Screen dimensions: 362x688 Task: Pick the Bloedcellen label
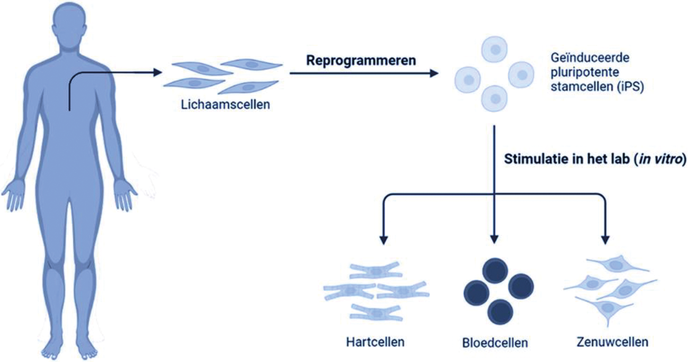pyautogui.click(x=494, y=342)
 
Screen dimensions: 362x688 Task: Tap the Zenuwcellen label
pyautogui.click(x=612, y=342)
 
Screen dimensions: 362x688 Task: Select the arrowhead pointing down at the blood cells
pyautogui.click(x=494, y=239)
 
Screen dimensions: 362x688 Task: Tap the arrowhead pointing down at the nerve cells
pyautogui.click(x=605, y=239)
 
